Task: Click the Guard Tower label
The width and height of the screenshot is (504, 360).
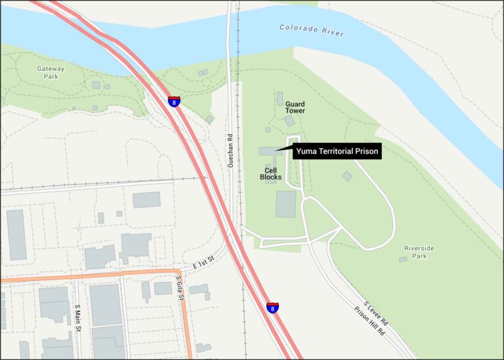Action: (295, 107)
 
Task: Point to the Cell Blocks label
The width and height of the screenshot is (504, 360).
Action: (270, 173)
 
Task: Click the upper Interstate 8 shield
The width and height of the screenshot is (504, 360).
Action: (174, 101)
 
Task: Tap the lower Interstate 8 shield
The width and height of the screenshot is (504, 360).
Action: (272, 308)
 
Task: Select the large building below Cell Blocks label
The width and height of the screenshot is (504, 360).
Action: (286, 204)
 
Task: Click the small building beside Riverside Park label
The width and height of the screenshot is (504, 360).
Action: (402, 259)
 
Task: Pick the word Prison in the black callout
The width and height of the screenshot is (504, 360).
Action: (366, 151)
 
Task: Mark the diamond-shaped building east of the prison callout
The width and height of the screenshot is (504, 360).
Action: (347, 176)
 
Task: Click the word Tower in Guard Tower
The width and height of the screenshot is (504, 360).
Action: (295, 111)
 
